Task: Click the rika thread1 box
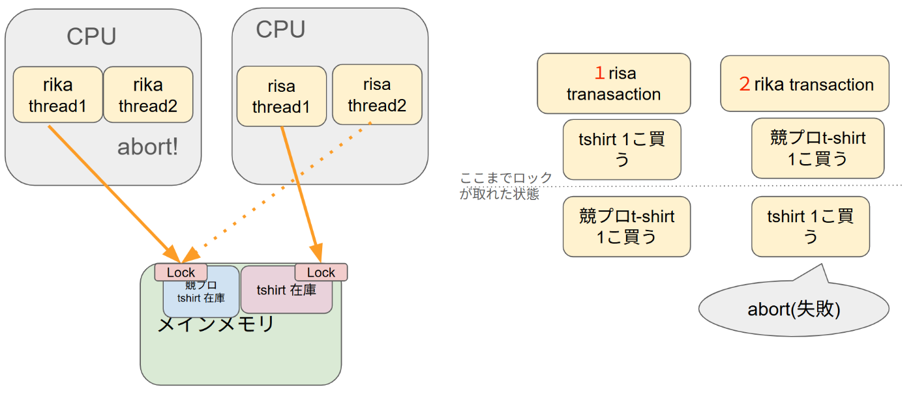(x=57, y=94)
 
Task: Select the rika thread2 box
(x=148, y=94)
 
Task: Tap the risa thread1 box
(x=281, y=96)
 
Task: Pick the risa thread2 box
(x=377, y=94)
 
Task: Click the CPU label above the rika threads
(x=91, y=37)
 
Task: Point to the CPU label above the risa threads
(x=280, y=29)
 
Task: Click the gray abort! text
(x=147, y=147)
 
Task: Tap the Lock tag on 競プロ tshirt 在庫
(x=181, y=272)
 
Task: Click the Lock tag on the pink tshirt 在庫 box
(x=321, y=272)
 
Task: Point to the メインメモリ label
(x=216, y=324)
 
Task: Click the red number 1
(x=599, y=73)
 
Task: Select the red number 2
(x=744, y=85)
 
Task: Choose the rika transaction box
(x=804, y=83)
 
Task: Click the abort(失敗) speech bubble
(x=794, y=309)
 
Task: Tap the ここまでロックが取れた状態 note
(x=505, y=186)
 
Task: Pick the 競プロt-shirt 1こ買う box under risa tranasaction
(x=626, y=226)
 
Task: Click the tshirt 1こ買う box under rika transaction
(x=810, y=226)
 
